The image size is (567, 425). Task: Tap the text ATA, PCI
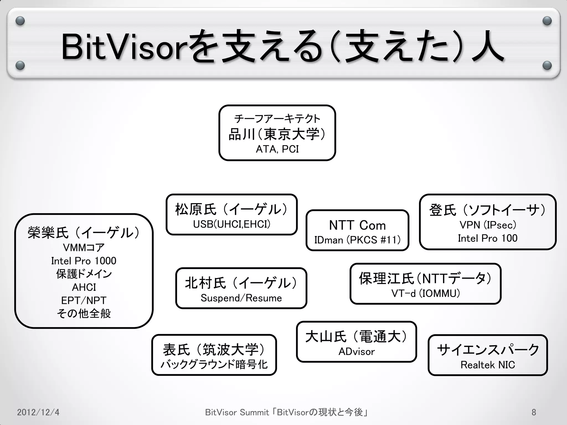pyautogui.click(x=277, y=149)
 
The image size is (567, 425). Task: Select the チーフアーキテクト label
pyautogui.click(x=277, y=119)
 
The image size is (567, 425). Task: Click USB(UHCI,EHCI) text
pyautogui.click(x=232, y=224)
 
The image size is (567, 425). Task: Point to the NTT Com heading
pyautogui.click(x=357, y=225)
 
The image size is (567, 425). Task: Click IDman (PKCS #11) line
pyautogui.click(x=357, y=240)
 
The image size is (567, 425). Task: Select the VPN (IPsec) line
pyautogui.click(x=488, y=225)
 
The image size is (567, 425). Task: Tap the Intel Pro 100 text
pyautogui.click(x=488, y=238)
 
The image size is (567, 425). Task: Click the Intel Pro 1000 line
pyautogui.click(x=84, y=261)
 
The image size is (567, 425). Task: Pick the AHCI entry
pyautogui.click(x=84, y=287)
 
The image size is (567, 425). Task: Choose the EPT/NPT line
pyautogui.click(x=84, y=300)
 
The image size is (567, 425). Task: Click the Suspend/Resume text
pyautogui.click(x=241, y=298)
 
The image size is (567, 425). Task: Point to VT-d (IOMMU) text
pyautogui.click(x=426, y=293)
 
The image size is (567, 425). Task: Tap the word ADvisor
pyautogui.click(x=357, y=352)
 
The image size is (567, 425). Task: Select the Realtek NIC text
pyautogui.click(x=488, y=365)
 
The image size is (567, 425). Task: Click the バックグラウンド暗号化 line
pyautogui.click(x=214, y=364)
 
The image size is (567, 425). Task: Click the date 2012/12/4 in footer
pyautogui.click(x=38, y=412)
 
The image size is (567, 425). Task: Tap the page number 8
pyautogui.click(x=534, y=412)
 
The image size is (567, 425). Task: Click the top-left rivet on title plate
pyautogui.click(x=20, y=21)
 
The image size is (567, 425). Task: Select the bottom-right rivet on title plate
pyautogui.click(x=547, y=66)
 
